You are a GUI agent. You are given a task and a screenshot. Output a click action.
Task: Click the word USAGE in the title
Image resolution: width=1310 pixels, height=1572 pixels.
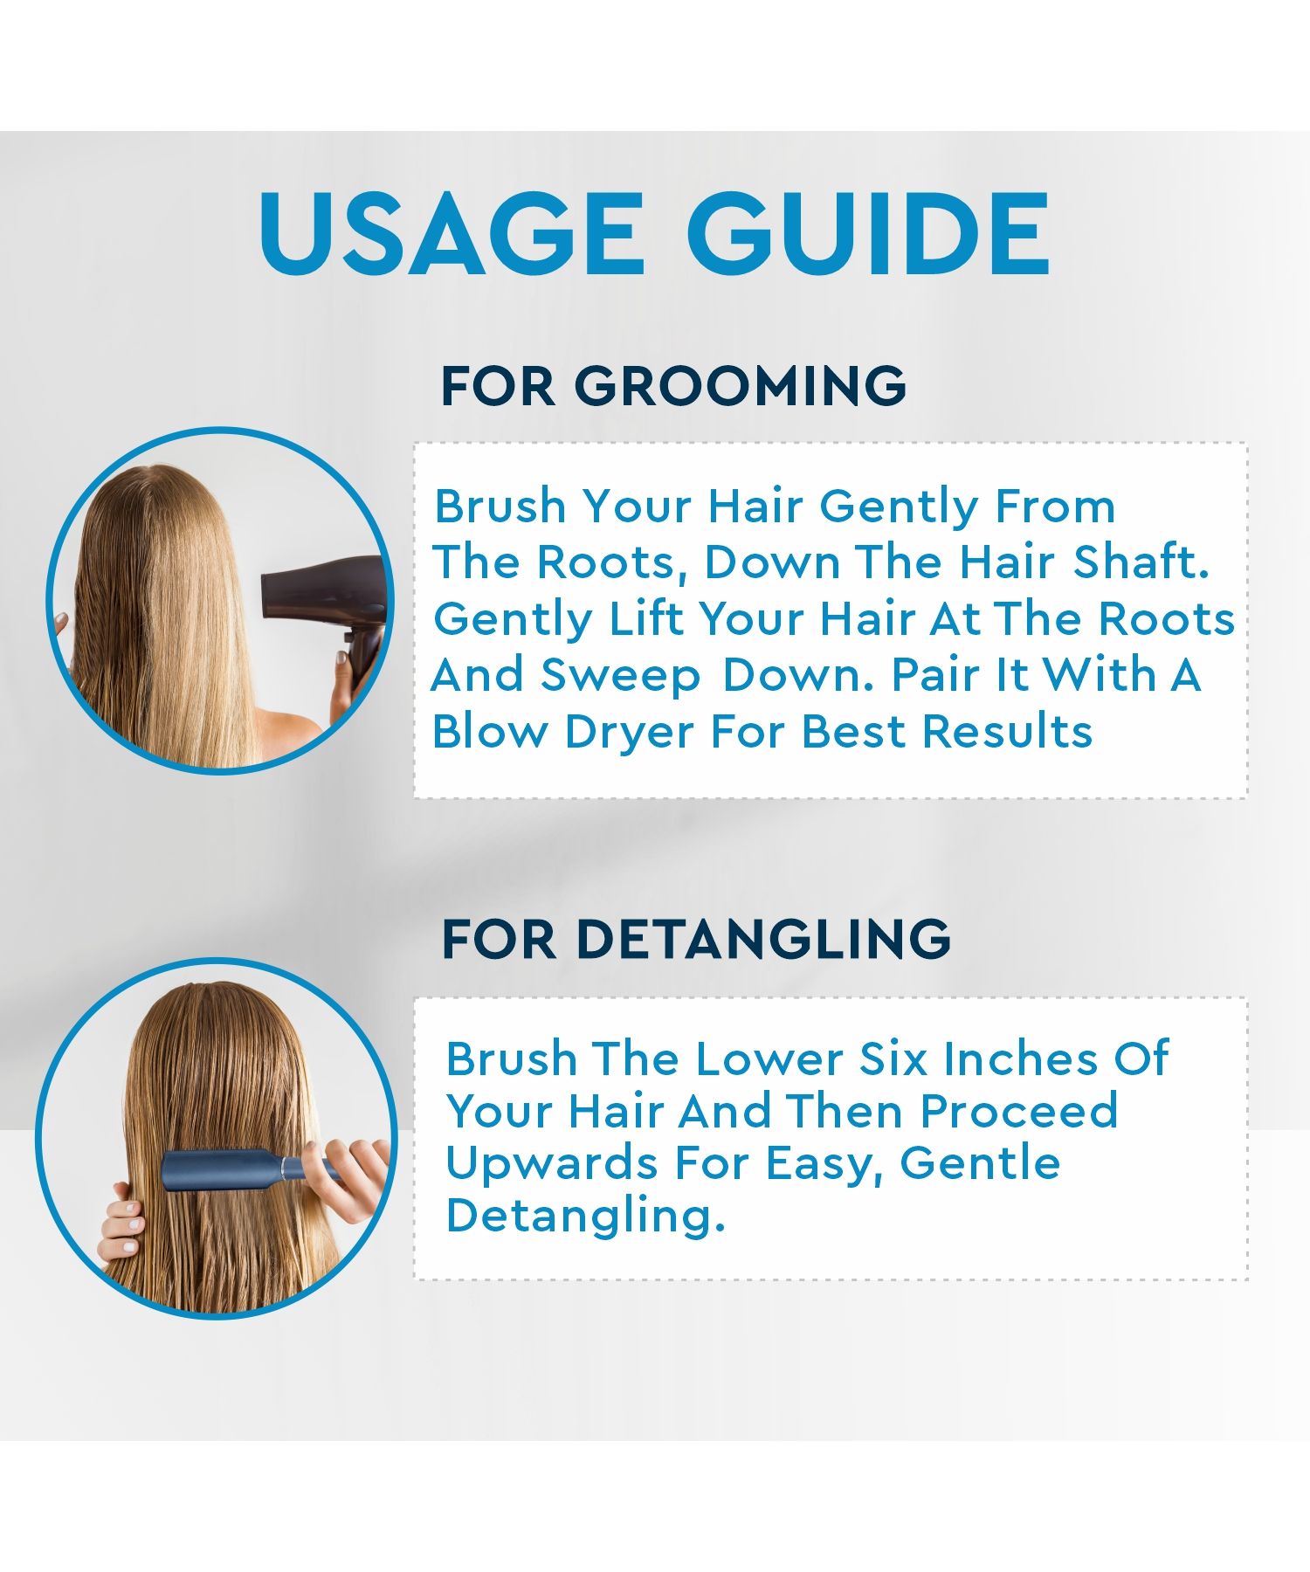(452, 233)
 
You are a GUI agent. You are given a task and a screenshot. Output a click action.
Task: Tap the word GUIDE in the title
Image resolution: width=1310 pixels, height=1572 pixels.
(868, 233)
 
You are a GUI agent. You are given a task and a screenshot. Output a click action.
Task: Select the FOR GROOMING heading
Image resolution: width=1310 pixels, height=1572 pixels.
(673, 385)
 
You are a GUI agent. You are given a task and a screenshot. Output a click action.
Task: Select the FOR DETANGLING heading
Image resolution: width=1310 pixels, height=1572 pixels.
(696, 939)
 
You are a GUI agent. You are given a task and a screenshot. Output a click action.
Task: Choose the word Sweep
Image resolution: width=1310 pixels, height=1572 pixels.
(620, 677)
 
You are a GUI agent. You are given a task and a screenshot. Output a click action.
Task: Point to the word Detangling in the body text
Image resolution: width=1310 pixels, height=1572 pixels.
(585, 1217)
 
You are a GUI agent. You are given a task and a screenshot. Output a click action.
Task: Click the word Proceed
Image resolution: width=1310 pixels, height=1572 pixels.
(1018, 1111)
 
